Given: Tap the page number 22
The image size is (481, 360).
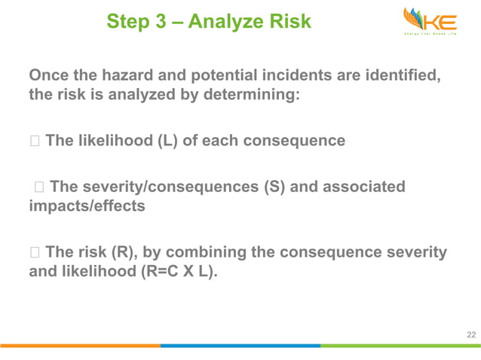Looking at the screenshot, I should (x=470, y=334).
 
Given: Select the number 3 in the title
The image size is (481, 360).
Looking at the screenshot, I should (x=161, y=23).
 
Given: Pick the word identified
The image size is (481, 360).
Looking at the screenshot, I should (x=400, y=75).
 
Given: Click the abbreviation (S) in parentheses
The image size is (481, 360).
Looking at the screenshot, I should (x=274, y=186).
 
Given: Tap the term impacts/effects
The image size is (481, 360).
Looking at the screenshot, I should (x=87, y=206).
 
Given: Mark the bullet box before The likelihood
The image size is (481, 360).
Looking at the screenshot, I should (x=34, y=141).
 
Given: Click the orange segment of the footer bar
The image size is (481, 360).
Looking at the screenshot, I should (x=80, y=346).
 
